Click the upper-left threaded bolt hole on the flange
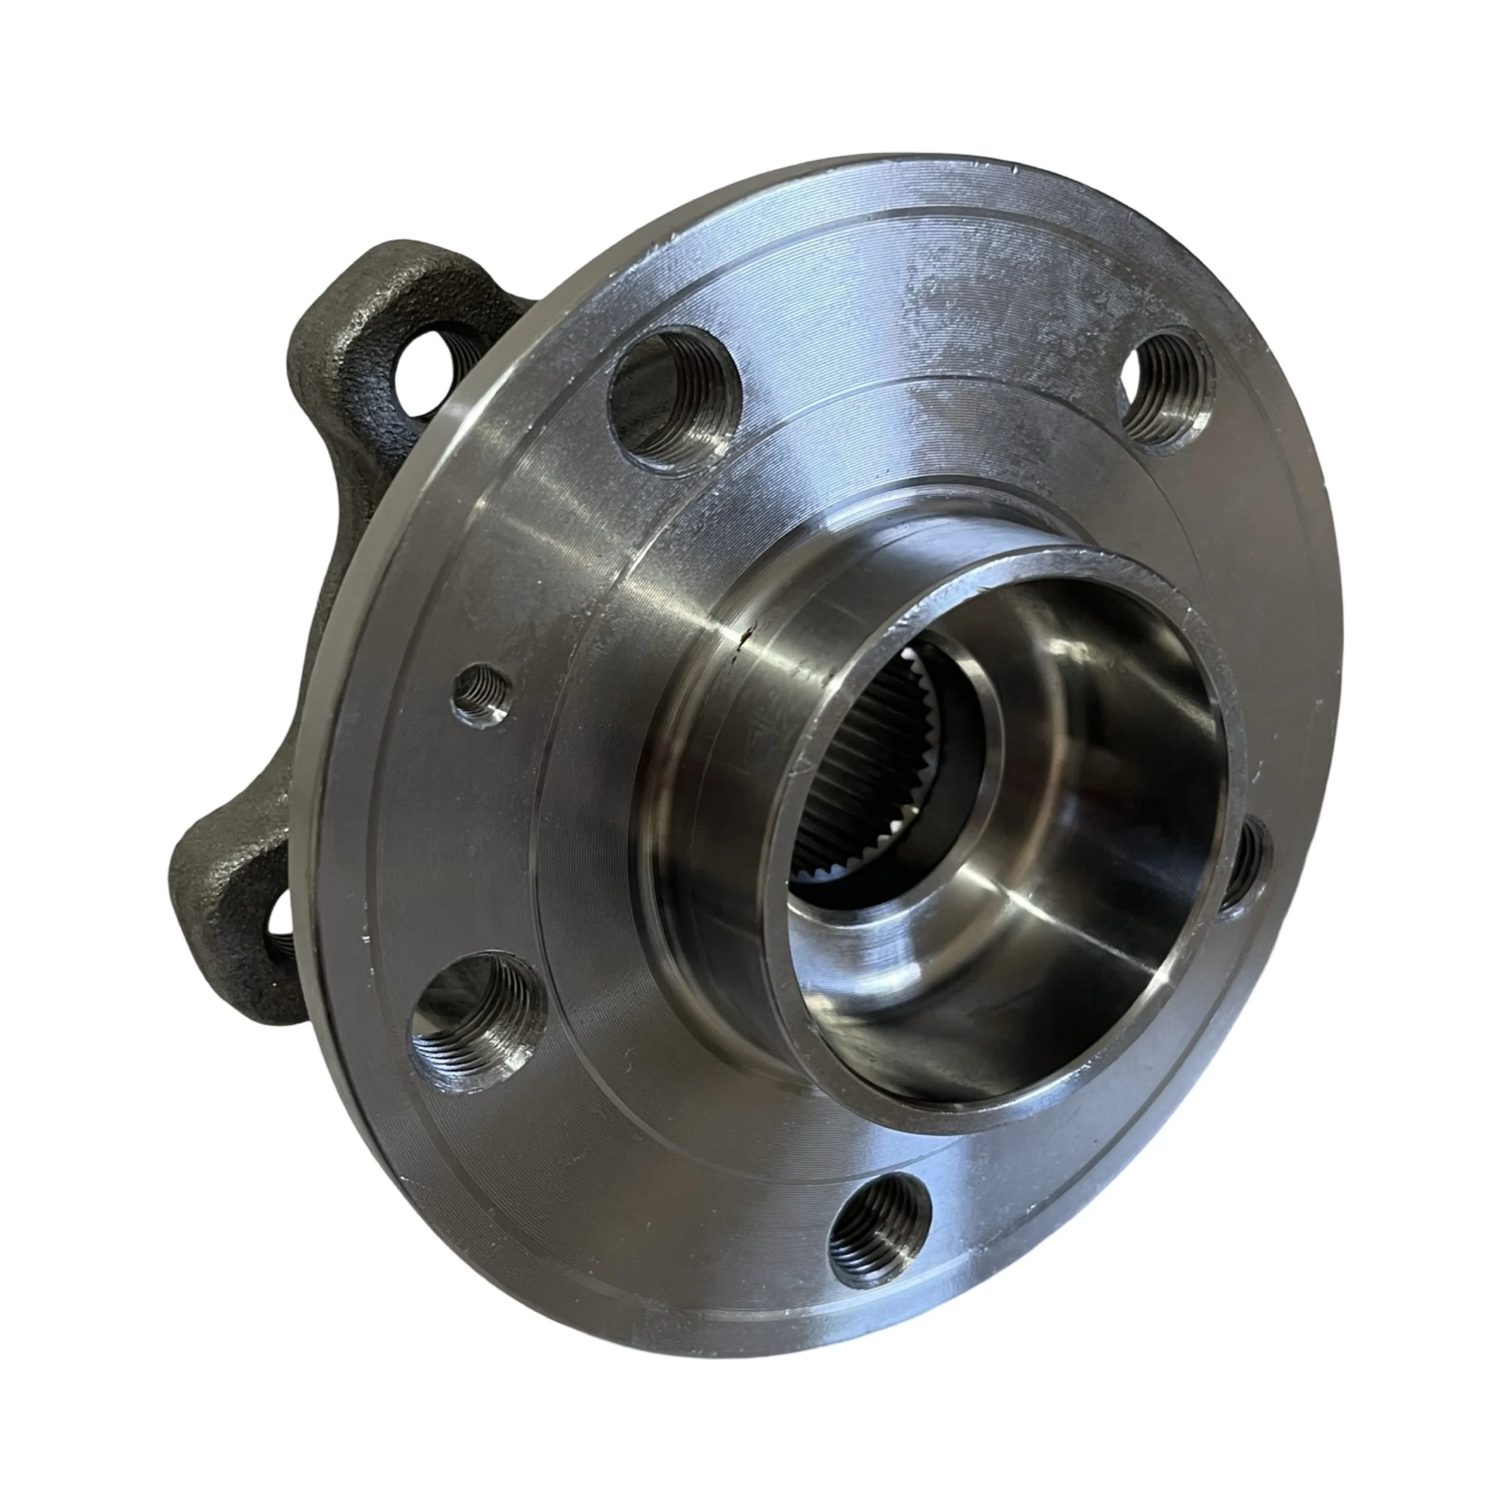671,404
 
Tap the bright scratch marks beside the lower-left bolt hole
368,931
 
